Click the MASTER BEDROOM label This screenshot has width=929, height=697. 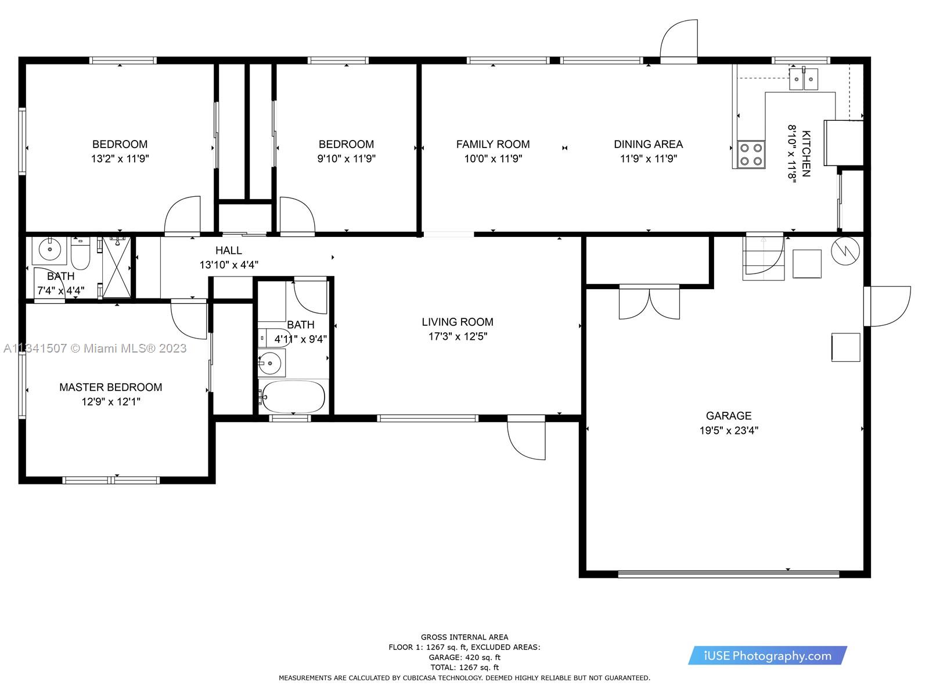[x=110, y=387]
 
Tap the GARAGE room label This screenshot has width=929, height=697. [x=728, y=415]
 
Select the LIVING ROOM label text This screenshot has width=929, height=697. [x=458, y=322]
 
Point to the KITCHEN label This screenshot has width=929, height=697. [x=806, y=153]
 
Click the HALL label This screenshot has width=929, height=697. [x=229, y=250]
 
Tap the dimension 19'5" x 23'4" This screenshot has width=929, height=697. [x=728, y=430]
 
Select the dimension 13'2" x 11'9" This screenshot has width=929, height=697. [x=120, y=159]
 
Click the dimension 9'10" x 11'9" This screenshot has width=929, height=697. [x=346, y=159]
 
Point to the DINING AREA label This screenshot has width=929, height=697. [x=648, y=144]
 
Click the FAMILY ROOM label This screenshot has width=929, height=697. [x=492, y=144]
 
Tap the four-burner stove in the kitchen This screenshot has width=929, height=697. [x=751, y=155]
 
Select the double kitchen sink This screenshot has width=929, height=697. [x=804, y=79]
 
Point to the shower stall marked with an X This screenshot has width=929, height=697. [x=117, y=268]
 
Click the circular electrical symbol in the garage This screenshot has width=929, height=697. [x=845, y=251]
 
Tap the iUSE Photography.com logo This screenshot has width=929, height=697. [x=768, y=656]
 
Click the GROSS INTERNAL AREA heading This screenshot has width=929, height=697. [x=464, y=637]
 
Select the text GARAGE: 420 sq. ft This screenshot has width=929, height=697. [x=464, y=658]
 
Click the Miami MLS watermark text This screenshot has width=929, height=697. [x=95, y=348]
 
